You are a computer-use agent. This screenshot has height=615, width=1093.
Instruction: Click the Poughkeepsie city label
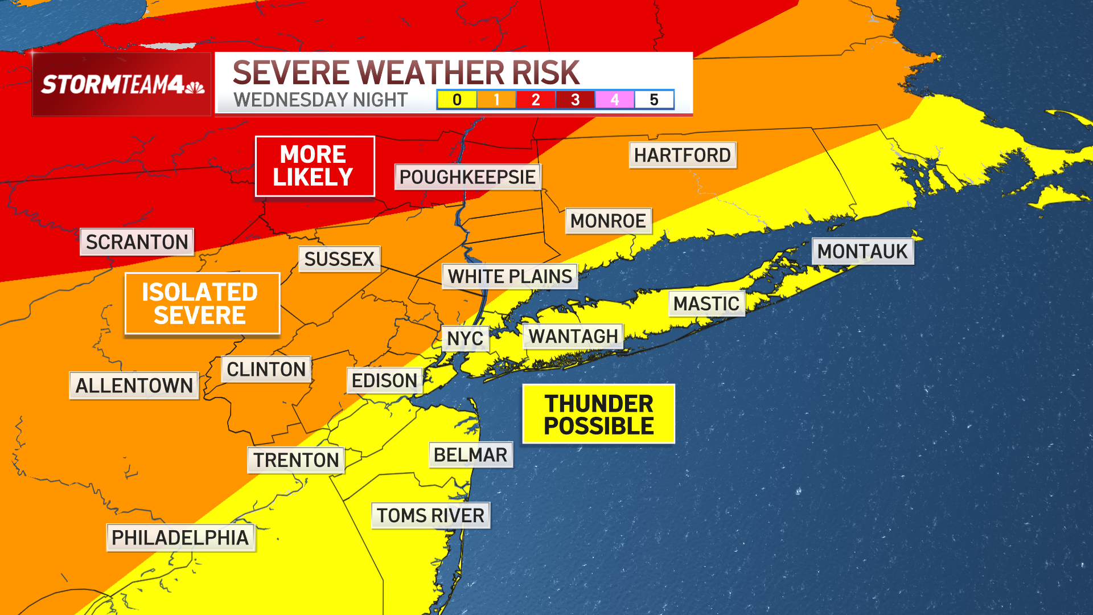467,177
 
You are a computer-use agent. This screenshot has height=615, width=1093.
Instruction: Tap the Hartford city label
682,155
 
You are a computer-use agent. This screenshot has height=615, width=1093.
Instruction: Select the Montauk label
862,251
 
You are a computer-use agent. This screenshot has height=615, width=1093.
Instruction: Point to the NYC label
465,339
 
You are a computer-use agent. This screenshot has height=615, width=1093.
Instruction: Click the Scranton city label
137,242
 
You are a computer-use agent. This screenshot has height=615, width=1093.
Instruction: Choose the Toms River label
430,515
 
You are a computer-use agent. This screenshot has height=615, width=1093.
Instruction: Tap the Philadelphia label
180,538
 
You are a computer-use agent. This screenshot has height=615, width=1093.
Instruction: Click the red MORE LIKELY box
314,166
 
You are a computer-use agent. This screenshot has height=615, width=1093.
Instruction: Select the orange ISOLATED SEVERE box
202,304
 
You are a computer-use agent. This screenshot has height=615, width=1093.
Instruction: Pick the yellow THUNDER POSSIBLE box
598,414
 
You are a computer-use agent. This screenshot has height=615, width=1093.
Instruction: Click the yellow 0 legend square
457,100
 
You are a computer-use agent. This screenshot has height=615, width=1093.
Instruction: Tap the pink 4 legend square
614,100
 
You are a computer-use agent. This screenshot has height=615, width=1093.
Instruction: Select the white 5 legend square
654,100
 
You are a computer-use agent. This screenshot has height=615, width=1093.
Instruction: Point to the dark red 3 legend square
575,100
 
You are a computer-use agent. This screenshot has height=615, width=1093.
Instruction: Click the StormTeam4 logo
122,84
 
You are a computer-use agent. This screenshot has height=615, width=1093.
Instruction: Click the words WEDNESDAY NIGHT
320,100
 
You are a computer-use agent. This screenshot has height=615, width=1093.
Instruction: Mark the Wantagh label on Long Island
573,337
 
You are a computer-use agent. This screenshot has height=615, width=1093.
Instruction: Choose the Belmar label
470,455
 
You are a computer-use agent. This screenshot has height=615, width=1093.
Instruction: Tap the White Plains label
509,277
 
